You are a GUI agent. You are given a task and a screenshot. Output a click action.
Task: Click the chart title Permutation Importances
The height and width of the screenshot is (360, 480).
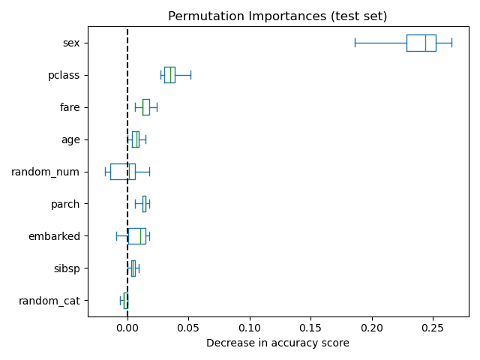277,16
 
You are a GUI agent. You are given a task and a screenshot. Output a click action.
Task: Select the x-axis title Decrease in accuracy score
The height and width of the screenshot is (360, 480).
277,343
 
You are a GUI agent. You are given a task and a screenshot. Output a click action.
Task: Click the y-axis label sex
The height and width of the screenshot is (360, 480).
71,43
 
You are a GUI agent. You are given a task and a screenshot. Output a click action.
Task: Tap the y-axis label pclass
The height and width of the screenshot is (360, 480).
64,75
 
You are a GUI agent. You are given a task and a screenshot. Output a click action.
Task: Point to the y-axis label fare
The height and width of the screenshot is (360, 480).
70,107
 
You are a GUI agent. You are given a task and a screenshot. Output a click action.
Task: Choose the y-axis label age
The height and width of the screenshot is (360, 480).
70,139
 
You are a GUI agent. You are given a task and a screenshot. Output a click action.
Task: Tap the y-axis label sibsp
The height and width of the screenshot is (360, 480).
67,268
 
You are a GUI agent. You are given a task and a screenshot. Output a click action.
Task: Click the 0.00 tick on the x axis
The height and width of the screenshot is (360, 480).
127,328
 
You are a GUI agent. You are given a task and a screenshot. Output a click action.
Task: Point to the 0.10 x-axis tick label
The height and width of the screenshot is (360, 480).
250,328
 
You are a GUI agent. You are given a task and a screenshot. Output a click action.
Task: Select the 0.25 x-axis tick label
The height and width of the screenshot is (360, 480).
433,328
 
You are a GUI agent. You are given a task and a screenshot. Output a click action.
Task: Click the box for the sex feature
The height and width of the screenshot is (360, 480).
421,43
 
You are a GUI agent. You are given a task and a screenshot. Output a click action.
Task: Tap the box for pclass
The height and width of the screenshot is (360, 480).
169,75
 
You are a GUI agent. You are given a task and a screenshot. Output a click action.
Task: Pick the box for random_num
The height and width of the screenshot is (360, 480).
122,172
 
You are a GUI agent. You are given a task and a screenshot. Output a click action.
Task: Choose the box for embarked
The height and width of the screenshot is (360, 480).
136,236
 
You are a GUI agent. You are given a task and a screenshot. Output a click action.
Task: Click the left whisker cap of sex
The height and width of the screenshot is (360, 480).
355,43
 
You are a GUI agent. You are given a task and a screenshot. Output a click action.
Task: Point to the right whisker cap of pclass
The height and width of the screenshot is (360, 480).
190,75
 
